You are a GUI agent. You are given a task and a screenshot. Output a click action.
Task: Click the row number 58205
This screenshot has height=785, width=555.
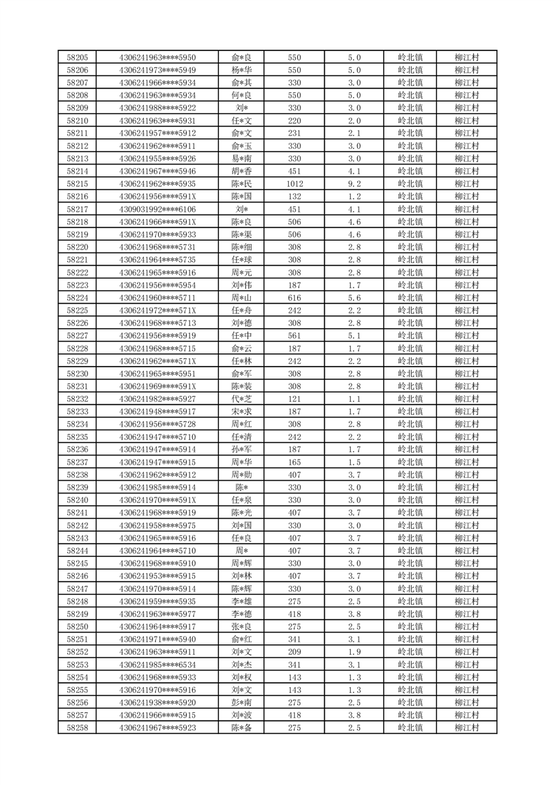pyautogui.click(x=77, y=57)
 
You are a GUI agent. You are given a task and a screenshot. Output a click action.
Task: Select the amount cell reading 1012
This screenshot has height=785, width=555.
pyautogui.click(x=294, y=184)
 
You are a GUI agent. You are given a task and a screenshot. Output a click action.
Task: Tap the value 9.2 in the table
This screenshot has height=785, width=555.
pyautogui.click(x=354, y=184)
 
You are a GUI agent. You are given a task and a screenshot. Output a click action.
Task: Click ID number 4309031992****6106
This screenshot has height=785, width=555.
pyautogui.click(x=157, y=209)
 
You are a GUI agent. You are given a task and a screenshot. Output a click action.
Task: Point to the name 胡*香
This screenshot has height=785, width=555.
pyautogui.click(x=241, y=171)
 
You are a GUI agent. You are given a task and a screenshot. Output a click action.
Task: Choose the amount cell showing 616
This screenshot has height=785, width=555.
pyautogui.click(x=294, y=298)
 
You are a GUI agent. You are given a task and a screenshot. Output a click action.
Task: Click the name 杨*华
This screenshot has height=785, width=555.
pyautogui.click(x=241, y=70)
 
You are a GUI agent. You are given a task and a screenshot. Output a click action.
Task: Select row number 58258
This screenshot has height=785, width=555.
pyautogui.click(x=77, y=728)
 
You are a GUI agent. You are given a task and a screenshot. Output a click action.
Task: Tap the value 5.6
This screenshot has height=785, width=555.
pyautogui.click(x=354, y=298)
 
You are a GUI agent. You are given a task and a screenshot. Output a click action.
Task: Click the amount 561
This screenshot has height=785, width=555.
pyautogui.click(x=294, y=336)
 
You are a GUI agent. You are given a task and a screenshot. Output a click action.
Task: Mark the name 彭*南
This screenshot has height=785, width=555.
pyautogui.click(x=241, y=703)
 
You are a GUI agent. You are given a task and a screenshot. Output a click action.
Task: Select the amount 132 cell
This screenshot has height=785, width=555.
pyautogui.click(x=294, y=197)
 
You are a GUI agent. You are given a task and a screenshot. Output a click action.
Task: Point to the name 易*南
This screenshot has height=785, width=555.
pyautogui.click(x=241, y=159)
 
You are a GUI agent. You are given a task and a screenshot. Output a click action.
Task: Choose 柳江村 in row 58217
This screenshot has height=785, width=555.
pyautogui.click(x=466, y=209)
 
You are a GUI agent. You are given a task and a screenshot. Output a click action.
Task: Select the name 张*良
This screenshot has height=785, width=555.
pyautogui.click(x=241, y=627)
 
